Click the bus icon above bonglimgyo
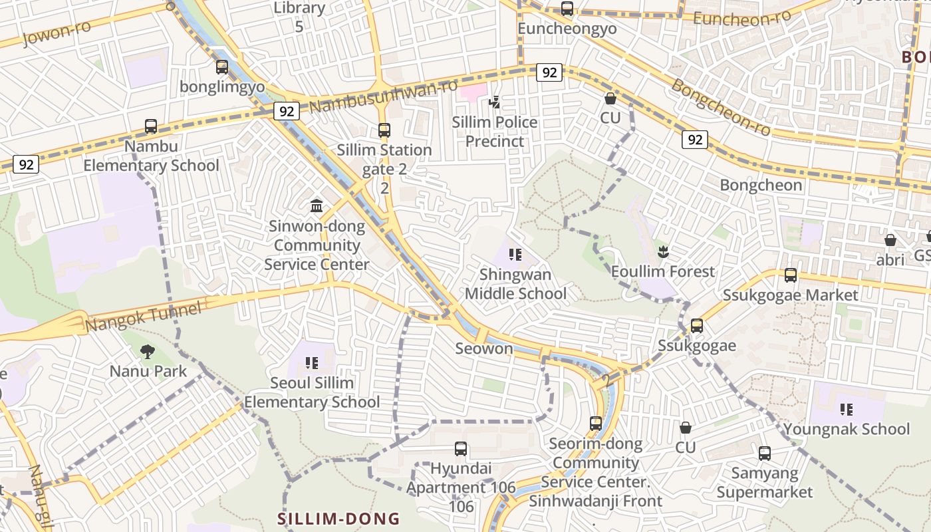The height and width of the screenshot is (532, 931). pos(222,67)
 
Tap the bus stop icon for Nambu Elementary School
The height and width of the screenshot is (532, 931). pos(151,126)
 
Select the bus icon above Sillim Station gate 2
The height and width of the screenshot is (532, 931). pos(384,130)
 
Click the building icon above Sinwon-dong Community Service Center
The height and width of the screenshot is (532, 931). pos(317,206)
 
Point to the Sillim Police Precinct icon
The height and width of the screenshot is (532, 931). pos(494,102)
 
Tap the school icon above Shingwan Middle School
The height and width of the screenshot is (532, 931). pos(515,254)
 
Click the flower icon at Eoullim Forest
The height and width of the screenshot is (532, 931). pos(662,251)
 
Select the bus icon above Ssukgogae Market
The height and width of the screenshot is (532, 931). pos(791,275)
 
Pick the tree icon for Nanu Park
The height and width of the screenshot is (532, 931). pos(148,351)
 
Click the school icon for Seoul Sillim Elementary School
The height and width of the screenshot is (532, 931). pos(312,362)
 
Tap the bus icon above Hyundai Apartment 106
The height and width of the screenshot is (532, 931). pos(461,449)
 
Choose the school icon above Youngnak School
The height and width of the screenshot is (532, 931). pos(846,409)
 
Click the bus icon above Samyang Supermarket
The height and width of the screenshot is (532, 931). pos(765,454)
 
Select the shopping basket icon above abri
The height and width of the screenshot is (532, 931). pos(890,240)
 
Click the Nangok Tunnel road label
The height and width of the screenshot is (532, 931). pos(143,317)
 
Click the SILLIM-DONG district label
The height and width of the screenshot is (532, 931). pos(338,519)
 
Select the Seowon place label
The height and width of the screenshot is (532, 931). pos(484,348)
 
